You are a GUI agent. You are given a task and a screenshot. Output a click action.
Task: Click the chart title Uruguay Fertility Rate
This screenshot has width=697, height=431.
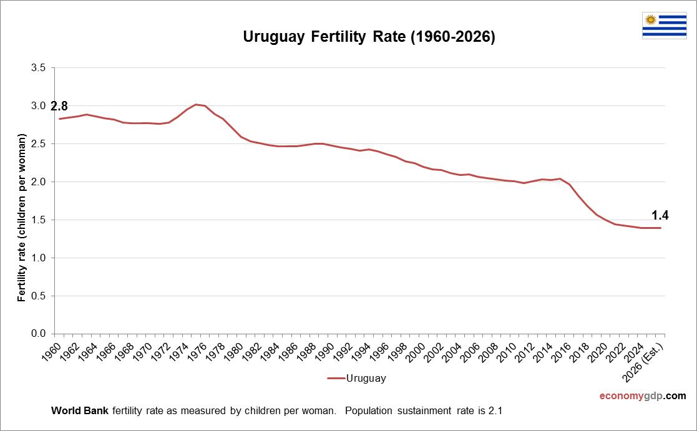(x=369, y=37)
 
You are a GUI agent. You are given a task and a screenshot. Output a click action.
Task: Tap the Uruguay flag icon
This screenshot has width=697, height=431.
(x=664, y=26)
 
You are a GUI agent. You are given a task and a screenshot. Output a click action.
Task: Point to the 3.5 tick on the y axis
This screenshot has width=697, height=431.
(x=38, y=68)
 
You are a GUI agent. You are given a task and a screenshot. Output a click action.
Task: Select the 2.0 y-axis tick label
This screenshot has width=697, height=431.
(x=38, y=182)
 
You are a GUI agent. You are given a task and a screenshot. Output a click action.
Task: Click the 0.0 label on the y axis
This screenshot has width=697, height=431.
(x=38, y=334)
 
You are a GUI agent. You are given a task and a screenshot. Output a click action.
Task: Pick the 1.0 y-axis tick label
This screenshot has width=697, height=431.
(x=38, y=258)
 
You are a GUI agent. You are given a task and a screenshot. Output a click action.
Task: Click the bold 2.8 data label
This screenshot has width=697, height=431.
(x=59, y=106)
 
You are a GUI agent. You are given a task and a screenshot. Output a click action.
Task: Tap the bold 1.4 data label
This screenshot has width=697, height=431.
(x=660, y=216)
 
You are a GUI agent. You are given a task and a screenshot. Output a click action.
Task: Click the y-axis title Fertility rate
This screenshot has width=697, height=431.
(x=22, y=218)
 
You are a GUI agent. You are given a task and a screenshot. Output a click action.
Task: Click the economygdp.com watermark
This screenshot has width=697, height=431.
(x=642, y=396)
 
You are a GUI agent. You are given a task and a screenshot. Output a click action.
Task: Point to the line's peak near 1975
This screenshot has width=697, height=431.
(x=196, y=104)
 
